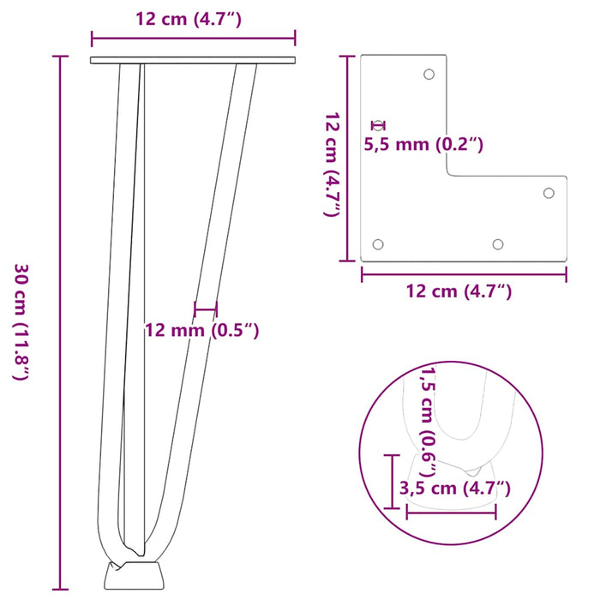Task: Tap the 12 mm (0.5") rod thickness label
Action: [x=201, y=330]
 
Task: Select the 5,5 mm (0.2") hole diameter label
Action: [x=423, y=145]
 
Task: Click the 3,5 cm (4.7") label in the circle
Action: [x=455, y=489]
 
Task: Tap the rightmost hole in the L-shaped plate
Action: [x=549, y=193]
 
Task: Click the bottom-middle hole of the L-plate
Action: [x=497, y=245]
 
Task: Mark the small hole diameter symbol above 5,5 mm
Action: [x=373, y=126]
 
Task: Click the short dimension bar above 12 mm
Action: [x=206, y=309]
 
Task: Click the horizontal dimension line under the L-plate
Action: [x=463, y=273]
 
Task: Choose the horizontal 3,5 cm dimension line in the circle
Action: [x=452, y=512]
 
